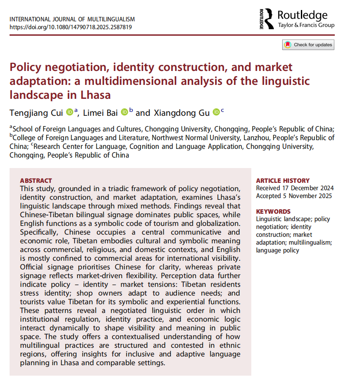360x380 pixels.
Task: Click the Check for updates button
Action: tap(308, 45)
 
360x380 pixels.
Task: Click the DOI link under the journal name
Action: tap(70, 27)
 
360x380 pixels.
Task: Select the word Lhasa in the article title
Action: tap(96, 94)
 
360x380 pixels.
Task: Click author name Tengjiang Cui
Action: tap(37, 113)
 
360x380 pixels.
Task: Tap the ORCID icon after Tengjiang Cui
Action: tap(70, 112)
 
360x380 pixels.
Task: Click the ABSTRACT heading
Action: tap(36, 181)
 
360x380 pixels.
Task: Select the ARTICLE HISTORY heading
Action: tap(283, 181)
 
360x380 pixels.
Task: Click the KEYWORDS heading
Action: tap(273, 212)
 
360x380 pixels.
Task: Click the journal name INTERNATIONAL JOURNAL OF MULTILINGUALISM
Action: tap(72, 20)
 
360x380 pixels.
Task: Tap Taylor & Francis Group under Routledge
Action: tap(306, 25)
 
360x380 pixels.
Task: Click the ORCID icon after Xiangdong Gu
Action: tap(216, 112)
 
